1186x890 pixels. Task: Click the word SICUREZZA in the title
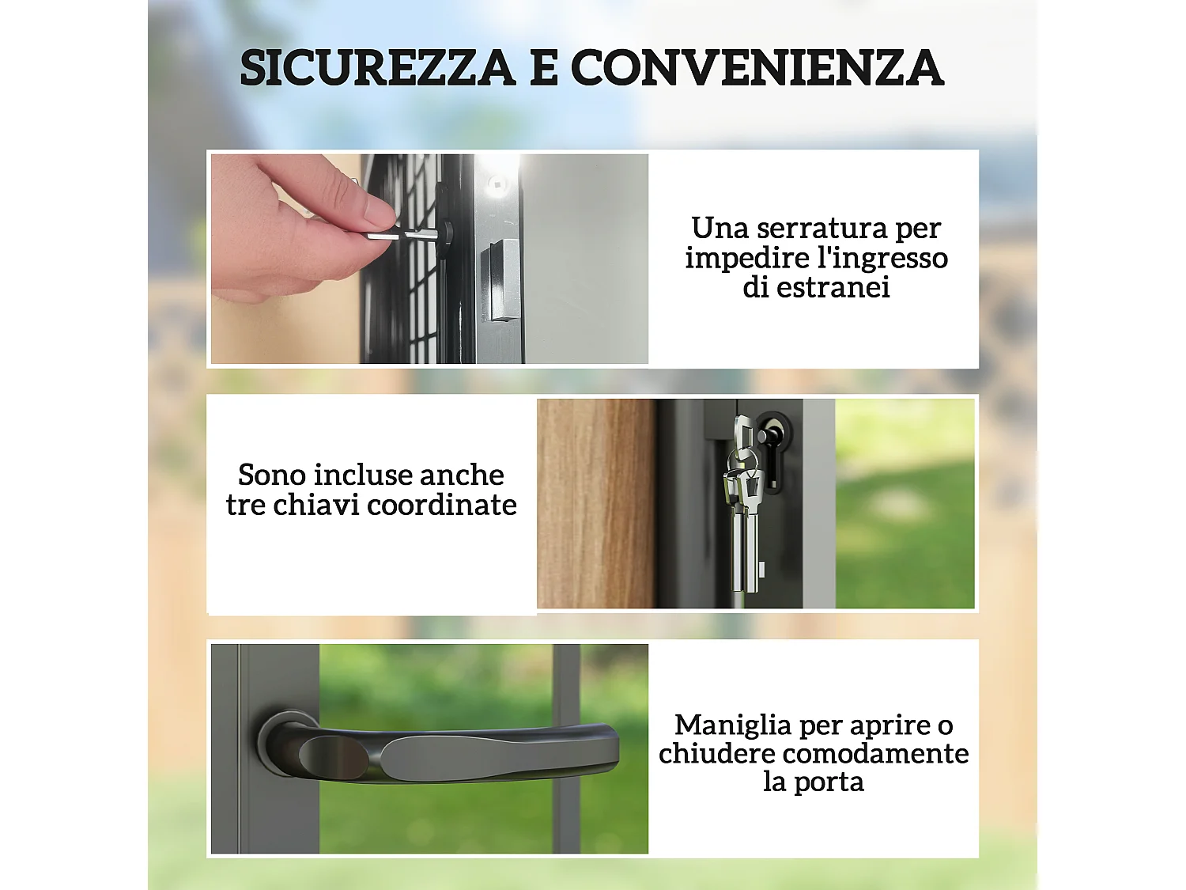point(378,68)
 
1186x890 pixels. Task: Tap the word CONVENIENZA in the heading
point(757,68)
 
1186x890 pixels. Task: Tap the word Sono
point(272,475)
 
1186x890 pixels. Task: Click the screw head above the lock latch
point(497,185)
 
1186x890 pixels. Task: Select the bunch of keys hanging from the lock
point(743,514)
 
